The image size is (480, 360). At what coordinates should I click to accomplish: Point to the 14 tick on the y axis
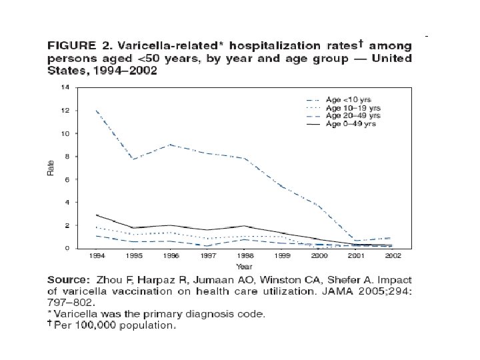tap(64, 87)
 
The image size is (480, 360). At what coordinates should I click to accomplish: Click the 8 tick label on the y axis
tap(66, 156)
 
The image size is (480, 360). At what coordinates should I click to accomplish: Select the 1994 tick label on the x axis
tap(97, 255)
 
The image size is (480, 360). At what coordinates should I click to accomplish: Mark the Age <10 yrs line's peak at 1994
tap(97, 111)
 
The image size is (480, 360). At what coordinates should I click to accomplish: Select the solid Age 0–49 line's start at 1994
tap(97, 215)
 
